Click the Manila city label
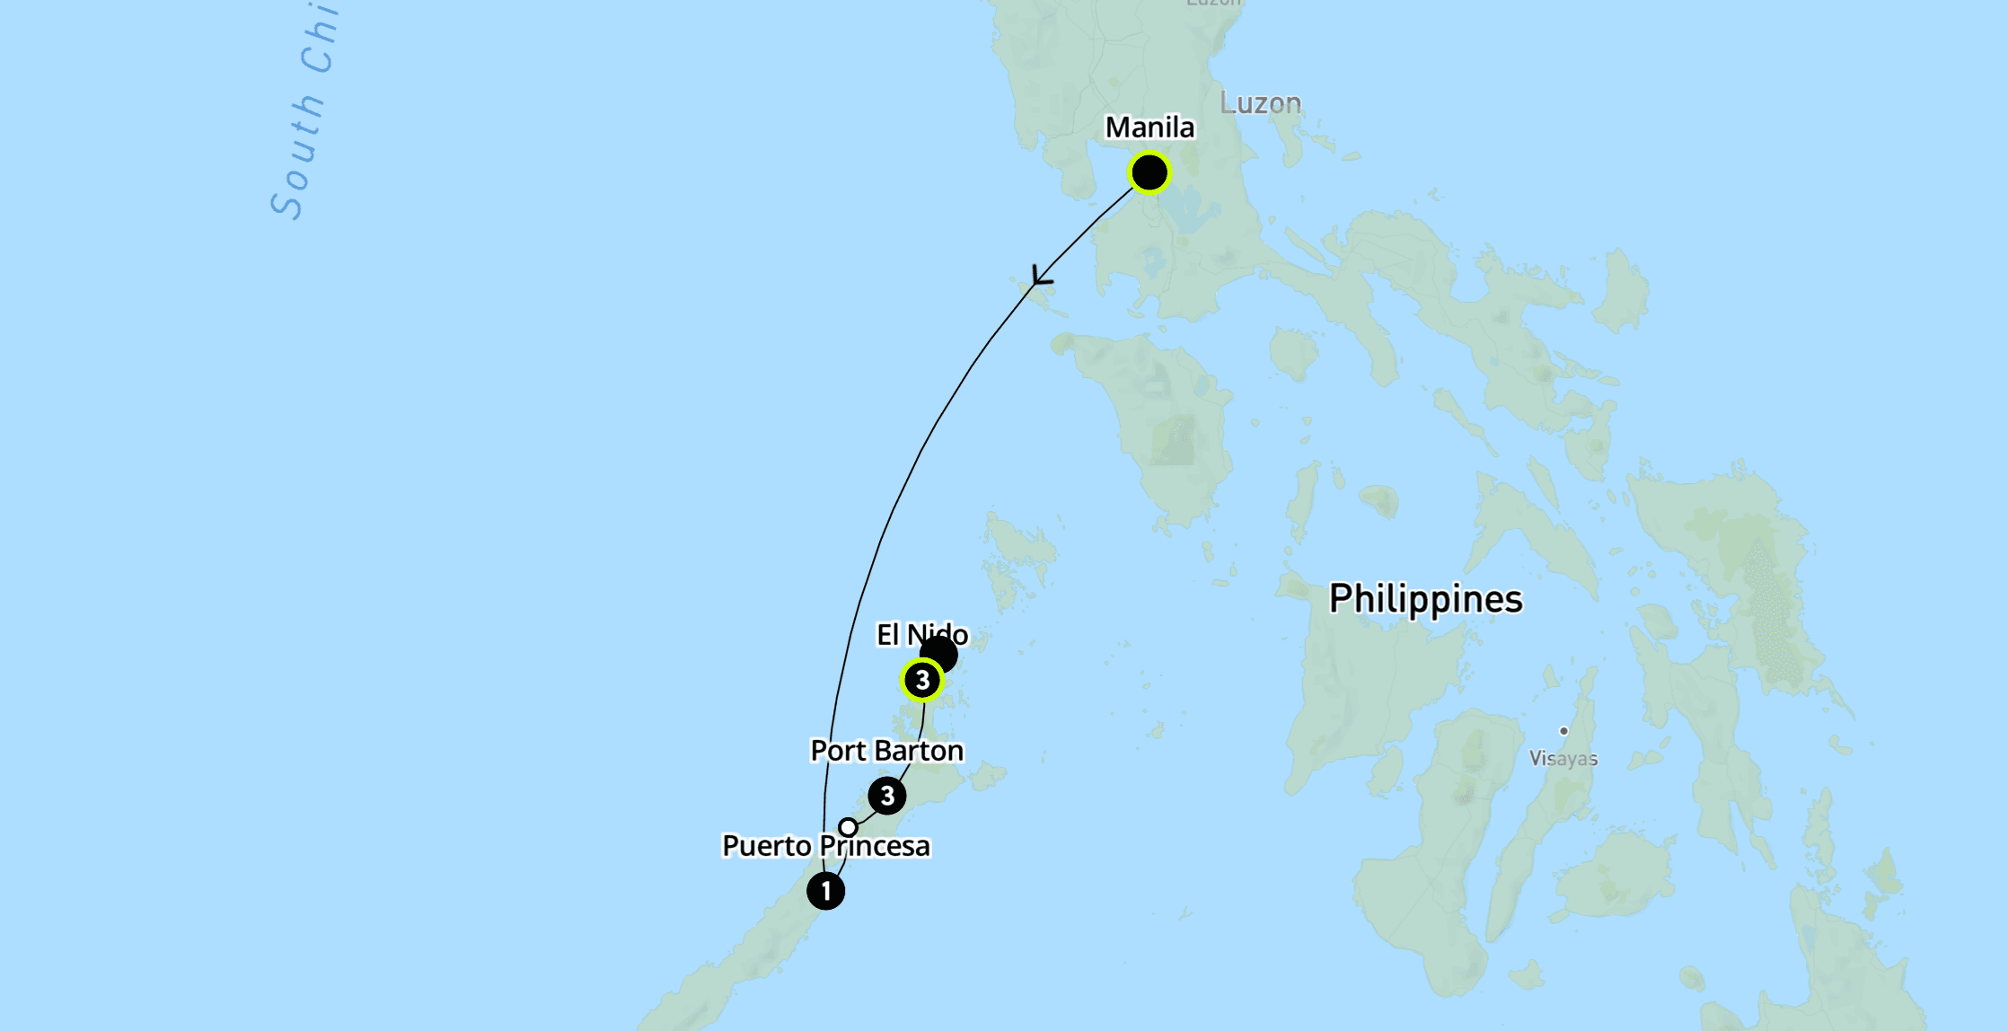click(x=1149, y=128)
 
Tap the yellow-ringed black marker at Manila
click(x=1149, y=172)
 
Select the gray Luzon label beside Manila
click(x=1260, y=103)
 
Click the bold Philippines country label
click(x=1425, y=599)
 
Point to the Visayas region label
click(x=1563, y=759)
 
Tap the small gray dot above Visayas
click(x=1563, y=731)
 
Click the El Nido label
click(x=921, y=635)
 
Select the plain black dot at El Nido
click(x=940, y=653)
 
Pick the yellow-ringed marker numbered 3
click(x=922, y=681)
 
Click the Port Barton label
click(x=886, y=751)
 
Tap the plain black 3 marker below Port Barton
click(x=887, y=796)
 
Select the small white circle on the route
click(x=848, y=826)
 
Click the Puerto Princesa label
click(x=825, y=846)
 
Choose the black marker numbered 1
click(x=825, y=891)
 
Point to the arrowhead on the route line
click(x=1041, y=278)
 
